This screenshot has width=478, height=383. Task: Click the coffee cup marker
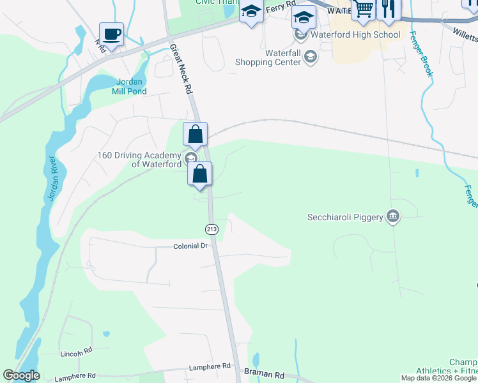[112, 34]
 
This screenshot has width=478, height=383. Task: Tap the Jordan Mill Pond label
[132, 86]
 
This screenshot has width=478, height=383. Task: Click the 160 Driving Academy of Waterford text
[139, 159]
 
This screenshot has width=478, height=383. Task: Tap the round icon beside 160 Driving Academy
[190, 158]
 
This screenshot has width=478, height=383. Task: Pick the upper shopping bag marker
[196, 135]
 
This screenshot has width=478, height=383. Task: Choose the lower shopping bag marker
[201, 174]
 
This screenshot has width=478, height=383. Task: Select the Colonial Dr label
[191, 246]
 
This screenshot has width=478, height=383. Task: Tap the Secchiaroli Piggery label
[345, 217]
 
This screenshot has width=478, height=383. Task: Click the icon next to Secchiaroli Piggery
[393, 217]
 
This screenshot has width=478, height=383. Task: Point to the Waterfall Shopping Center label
[268, 58]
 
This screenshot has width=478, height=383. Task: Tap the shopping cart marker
[363, 9]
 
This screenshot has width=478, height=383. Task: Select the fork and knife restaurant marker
[387, 9]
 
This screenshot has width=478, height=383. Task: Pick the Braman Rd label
[265, 375]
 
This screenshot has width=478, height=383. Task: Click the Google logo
[21, 375]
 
